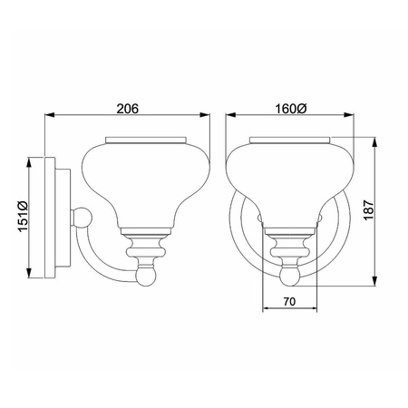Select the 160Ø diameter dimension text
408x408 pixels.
pos(292,108)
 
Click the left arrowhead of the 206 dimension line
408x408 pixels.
pos(50,116)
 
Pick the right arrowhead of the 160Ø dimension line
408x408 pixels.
pos(355,116)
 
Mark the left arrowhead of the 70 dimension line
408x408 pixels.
pos(265,307)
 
